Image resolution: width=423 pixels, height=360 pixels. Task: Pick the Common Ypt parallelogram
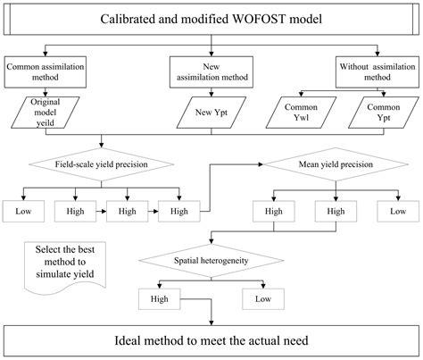(x=383, y=113)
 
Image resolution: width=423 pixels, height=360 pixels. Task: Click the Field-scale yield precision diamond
(x=101, y=165)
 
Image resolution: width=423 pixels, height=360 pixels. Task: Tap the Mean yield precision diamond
(x=331, y=165)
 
